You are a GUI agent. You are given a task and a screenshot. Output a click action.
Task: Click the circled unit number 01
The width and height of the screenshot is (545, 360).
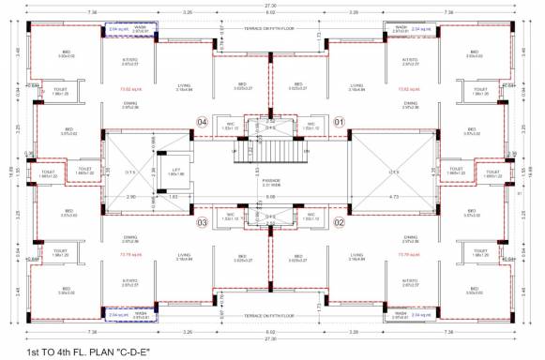coord(340,121)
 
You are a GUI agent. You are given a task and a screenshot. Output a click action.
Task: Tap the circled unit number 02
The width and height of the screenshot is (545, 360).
coord(340,222)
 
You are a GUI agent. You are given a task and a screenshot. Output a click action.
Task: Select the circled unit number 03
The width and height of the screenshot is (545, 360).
coord(202,222)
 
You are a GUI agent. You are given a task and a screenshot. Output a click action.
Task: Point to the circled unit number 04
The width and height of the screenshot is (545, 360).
coord(202,121)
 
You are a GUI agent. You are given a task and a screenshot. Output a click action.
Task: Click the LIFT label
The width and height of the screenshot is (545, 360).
coord(175,172)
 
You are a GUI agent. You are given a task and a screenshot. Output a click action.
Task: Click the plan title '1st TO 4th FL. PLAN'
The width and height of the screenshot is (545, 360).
coord(89,351)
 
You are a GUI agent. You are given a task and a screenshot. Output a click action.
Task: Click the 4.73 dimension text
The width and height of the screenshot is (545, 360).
coord(393,197)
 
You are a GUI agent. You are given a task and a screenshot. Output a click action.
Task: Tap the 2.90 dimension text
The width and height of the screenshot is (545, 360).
coord(130,197)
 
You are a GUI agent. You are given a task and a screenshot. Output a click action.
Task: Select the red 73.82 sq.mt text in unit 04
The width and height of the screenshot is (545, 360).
coord(130,91)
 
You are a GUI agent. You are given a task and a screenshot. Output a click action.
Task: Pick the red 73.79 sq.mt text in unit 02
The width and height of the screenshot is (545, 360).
coord(409,253)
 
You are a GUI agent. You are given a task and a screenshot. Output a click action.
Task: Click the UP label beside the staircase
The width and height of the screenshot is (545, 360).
coord(235,149)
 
